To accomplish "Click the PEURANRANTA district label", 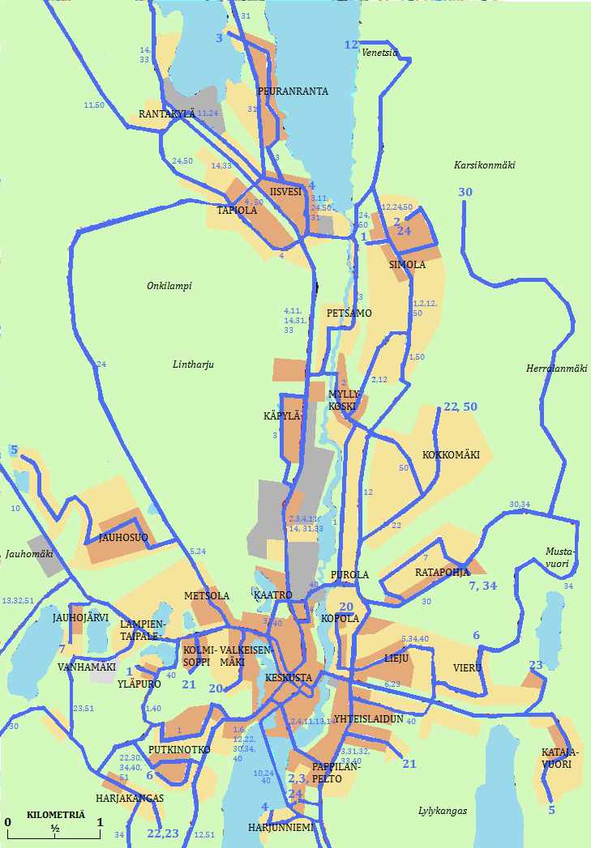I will [293, 92].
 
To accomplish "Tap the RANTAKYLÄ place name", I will [167, 114].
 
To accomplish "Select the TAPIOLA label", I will [237, 211].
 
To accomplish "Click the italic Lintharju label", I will [192, 365].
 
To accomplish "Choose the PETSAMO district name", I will [349, 313].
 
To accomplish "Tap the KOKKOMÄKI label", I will [451, 455].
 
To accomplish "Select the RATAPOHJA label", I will [443, 573].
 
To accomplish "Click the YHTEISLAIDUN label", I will [369, 718].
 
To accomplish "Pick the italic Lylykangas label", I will [443, 811].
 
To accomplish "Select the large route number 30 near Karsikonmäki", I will [465, 192].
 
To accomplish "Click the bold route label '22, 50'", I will [460, 407].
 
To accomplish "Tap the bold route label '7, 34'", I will [483, 586].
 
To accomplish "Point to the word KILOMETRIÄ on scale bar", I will [55, 814].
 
